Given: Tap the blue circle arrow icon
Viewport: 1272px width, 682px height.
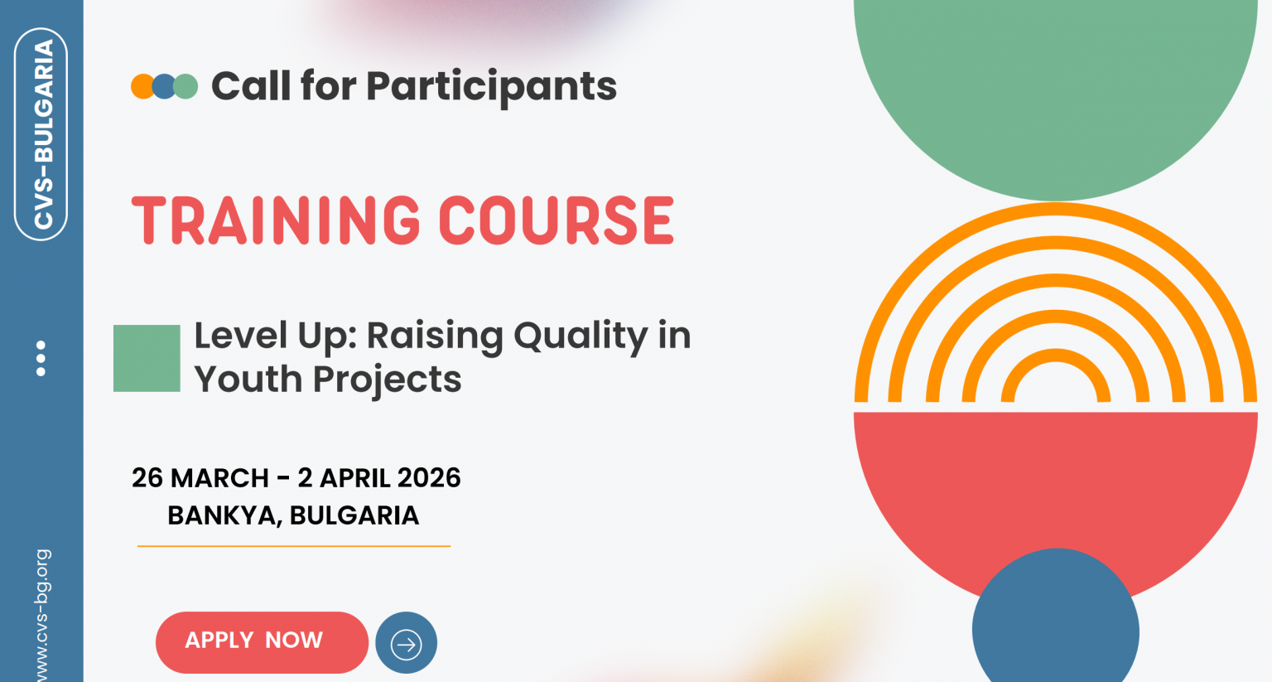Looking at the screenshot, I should click(406, 643).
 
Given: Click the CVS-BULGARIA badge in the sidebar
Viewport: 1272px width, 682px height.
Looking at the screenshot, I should click(41, 134).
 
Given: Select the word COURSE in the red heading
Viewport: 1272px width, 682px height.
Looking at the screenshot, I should click(556, 221).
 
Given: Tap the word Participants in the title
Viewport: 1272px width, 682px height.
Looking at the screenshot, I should click(491, 86).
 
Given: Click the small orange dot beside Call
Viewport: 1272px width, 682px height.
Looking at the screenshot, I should click(141, 86).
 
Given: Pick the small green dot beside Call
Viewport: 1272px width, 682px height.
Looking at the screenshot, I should click(187, 86).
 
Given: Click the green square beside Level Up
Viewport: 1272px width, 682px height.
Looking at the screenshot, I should click(147, 358).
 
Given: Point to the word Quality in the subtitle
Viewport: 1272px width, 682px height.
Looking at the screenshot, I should click(580, 336).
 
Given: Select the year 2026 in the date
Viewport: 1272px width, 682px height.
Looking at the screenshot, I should click(429, 478).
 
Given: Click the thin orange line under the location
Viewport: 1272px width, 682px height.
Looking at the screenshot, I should click(294, 546).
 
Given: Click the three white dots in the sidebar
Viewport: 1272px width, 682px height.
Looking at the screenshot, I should click(41, 358).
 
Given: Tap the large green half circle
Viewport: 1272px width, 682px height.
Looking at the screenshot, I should click(1055, 91).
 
